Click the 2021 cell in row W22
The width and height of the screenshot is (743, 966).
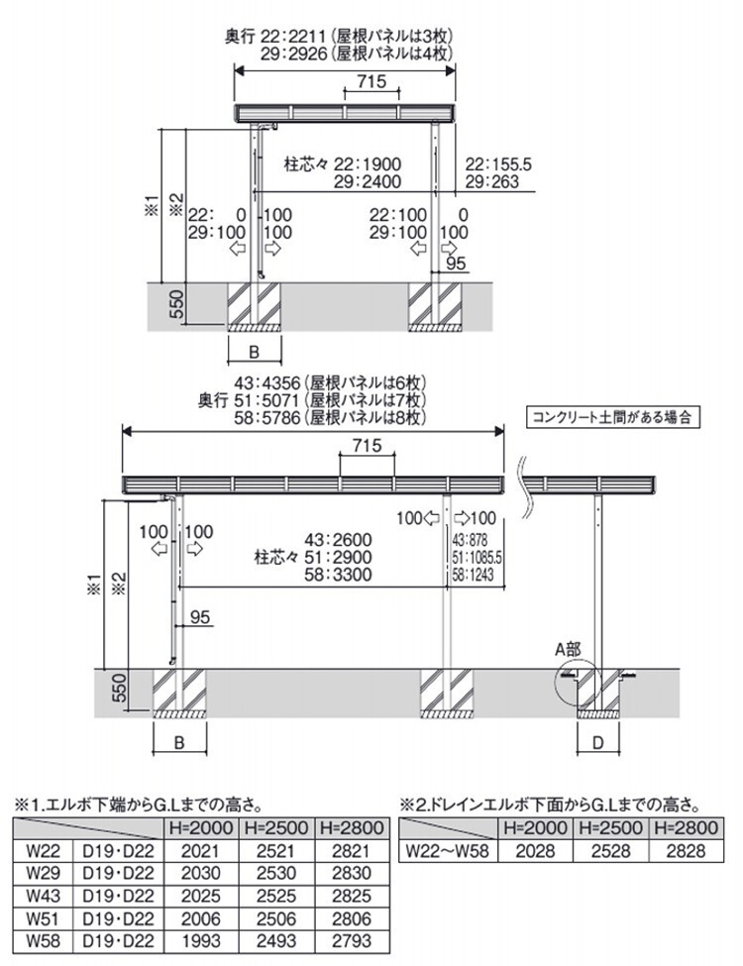[x=199, y=850]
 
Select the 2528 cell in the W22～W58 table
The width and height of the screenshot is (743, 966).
[x=612, y=850]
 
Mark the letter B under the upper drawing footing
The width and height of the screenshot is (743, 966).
[x=254, y=352]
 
